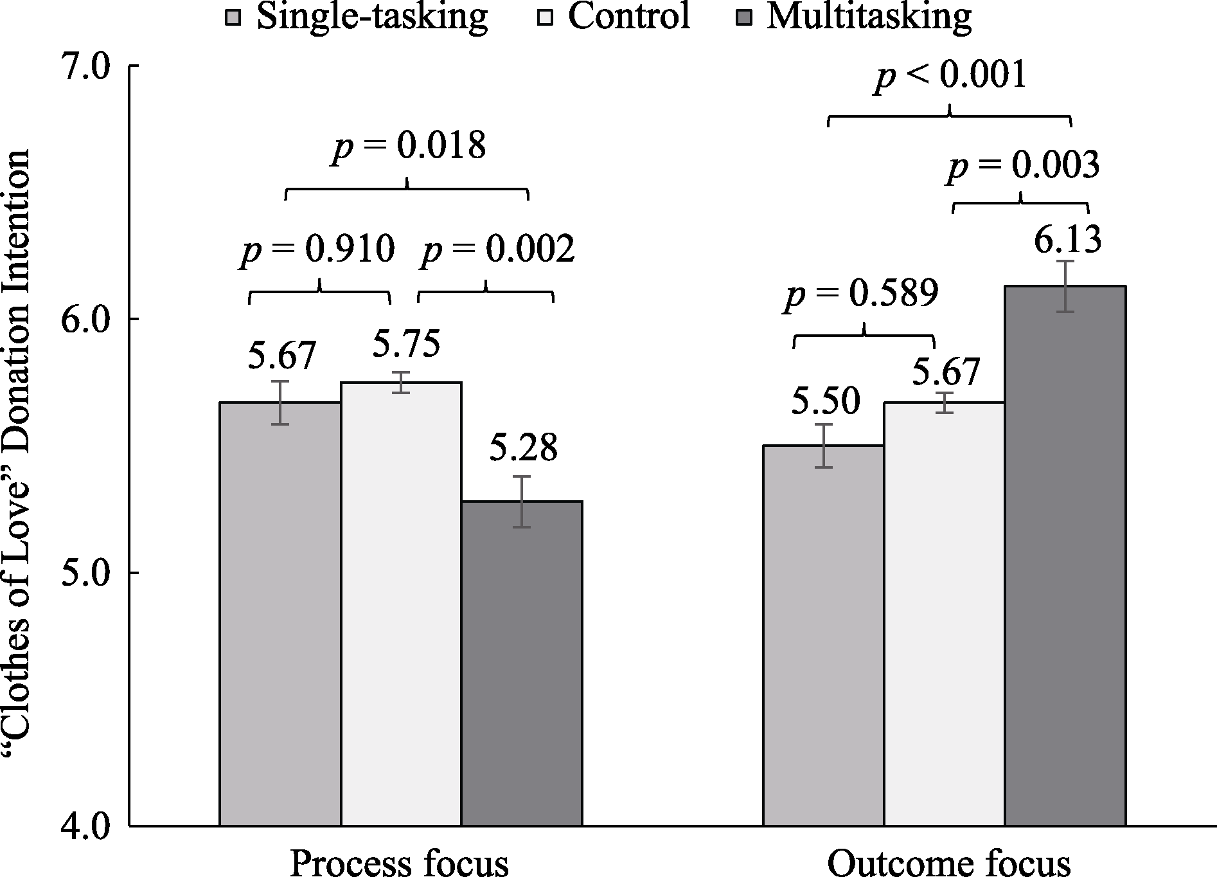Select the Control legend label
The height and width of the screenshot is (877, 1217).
click(629, 17)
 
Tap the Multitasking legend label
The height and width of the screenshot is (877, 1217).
click(869, 17)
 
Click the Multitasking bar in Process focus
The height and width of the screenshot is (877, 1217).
click(522, 662)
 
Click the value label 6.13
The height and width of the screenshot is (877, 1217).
click(1067, 240)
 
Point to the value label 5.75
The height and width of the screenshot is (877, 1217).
click(406, 344)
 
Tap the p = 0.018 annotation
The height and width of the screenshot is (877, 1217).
click(408, 147)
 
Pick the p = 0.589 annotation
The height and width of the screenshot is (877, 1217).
click(861, 294)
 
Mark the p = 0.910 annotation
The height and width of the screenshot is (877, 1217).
click(317, 249)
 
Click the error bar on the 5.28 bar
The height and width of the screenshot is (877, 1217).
click(522, 502)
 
